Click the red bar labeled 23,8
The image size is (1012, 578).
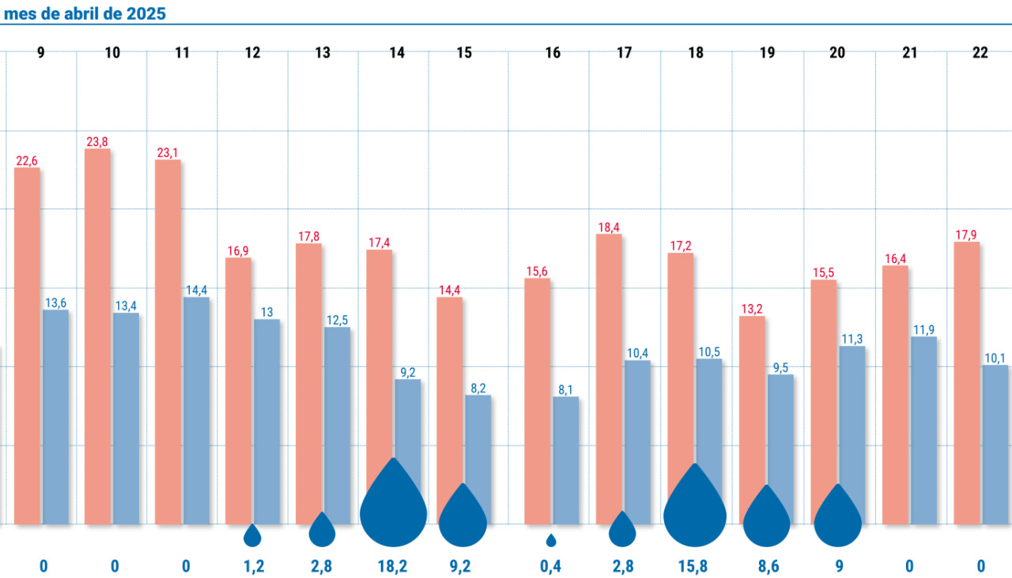(x=97, y=336)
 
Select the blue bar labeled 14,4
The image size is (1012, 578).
(x=197, y=411)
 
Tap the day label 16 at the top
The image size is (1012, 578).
(x=553, y=53)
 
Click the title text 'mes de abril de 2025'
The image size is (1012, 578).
(x=85, y=13)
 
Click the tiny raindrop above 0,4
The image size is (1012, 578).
(x=551, y=541)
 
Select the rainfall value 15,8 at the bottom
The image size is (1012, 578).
(x=693, y=566)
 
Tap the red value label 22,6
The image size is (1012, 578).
(x=27, y=160)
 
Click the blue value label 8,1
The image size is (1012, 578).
(x=565, y=389)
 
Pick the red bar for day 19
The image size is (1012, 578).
(x=752, y=419)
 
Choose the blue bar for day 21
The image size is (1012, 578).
(x=924, y=430)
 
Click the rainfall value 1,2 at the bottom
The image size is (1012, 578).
(x=254, y=566)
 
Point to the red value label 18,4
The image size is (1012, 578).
(x=609, y=227)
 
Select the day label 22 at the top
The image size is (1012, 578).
(x=980, y=53)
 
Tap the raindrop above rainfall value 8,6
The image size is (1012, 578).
(x=767, y=516)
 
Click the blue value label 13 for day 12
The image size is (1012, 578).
(x=267, y=312)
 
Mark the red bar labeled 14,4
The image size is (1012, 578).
(x=450, y=411)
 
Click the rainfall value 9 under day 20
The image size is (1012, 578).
(x=839, y=566)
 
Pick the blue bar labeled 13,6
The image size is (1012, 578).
(x=55, y=417)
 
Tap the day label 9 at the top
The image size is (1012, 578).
(x=40, y=53)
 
